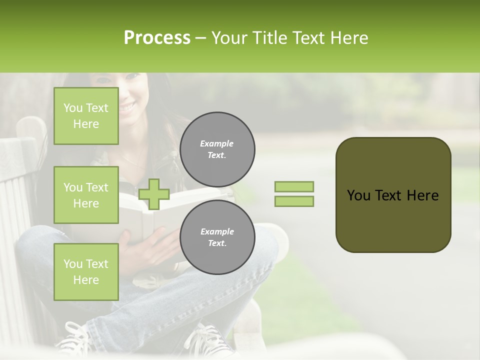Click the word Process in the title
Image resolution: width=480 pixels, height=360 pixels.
click(157, 38)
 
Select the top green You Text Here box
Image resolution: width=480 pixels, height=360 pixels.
click(86, 116)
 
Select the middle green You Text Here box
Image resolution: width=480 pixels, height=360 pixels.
click(86, 195)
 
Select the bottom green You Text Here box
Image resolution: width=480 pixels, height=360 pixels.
click(86, 271)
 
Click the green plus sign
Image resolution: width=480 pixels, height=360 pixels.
click(153, 194)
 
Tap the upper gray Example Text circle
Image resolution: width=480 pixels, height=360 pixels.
click(217, 149)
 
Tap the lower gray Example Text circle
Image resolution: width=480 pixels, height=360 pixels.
click(217, 237)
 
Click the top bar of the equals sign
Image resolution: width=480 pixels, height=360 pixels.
click(294, 186)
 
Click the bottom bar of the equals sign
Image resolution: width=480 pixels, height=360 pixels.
click(294, 201)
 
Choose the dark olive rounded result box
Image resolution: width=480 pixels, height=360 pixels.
click(393, 195)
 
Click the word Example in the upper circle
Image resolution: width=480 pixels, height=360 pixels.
click(216, 143)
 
